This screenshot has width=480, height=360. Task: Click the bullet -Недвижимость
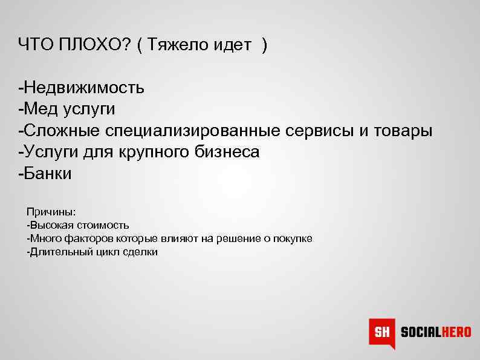(x=82, y=88)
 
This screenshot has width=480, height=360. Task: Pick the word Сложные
(x=62, y=131)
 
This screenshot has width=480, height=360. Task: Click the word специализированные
(x=193, y=131)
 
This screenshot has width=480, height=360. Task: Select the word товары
(x=403, y=131)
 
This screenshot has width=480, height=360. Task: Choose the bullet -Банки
(x=45, y=174)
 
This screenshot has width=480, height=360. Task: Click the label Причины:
(x=51, y=212)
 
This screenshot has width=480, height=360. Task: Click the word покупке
(x=293, y=238)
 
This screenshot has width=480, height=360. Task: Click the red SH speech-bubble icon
(x=382, y=332)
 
